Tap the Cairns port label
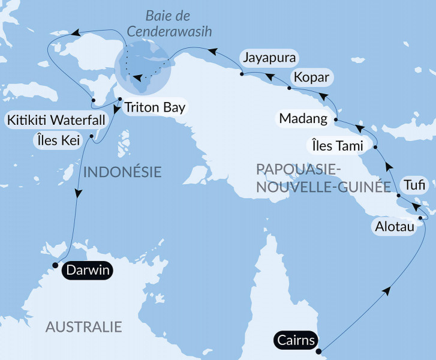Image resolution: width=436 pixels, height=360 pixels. coord(297,340)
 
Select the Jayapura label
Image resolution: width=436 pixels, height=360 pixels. coord(269,58)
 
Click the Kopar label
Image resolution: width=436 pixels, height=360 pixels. coord(311,77)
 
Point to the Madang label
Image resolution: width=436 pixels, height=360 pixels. coord(303,118)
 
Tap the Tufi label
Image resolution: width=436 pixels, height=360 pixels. coord(414,185)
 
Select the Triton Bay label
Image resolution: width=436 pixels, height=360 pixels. coord(155,108)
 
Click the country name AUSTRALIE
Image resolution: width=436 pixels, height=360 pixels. coord(84,327)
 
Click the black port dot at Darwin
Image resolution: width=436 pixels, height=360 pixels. coord(55,265)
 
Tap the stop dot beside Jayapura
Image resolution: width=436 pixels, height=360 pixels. coord(241,74)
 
